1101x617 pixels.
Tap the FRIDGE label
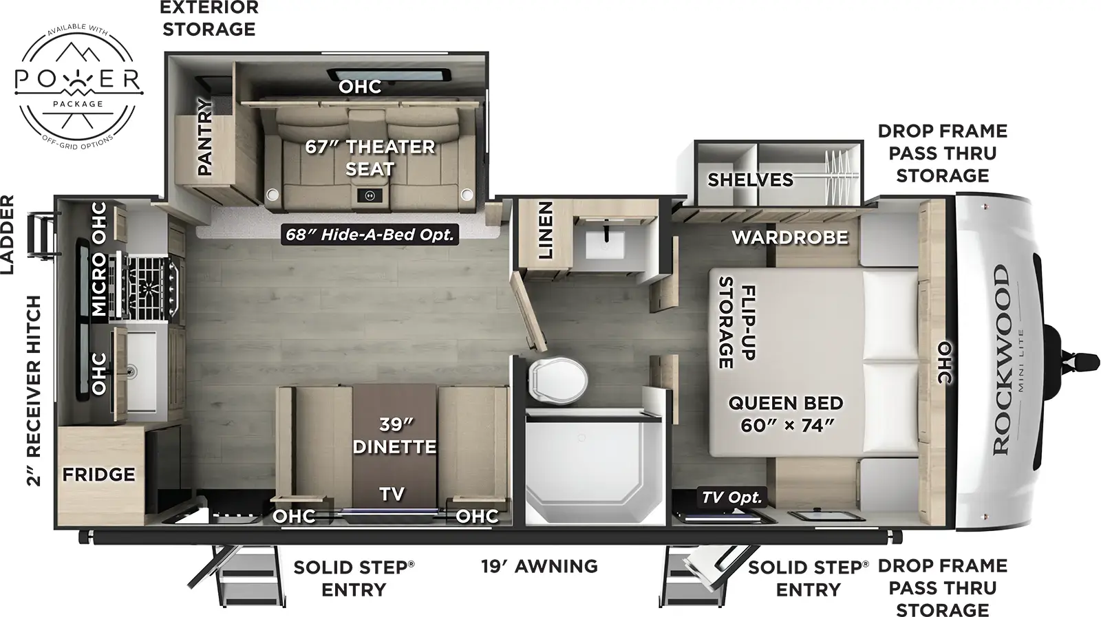click(98, 475)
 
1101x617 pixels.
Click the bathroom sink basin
click(605, 244)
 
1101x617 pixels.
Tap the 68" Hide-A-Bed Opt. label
click(370, 235)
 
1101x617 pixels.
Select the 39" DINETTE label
click(394, 435)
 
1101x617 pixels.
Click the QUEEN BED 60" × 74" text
click(786, 414)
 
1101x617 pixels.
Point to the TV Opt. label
click(731, 497)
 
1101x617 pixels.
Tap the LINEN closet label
click(546, 230)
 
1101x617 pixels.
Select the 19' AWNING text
click(539, 566)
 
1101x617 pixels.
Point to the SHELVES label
click(750, 180)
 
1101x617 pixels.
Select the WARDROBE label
click(789, 237)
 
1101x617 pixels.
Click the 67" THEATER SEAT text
click(370, 158)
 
